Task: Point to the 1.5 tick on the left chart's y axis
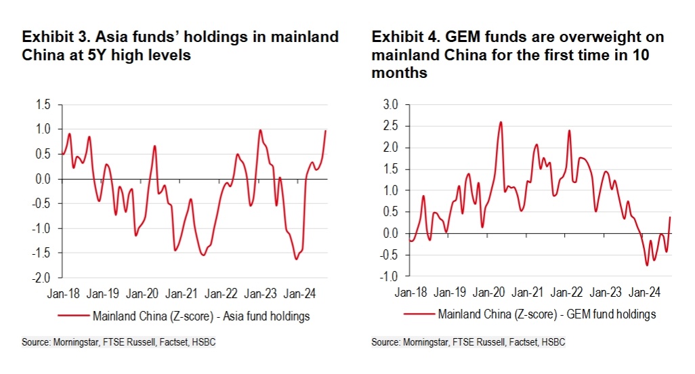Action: pyautogui.click(x=44, y=104)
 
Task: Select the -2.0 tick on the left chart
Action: pyautogui.click(x=43, y=278)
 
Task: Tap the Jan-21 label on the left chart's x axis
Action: pyautogui.click(x=182, y=293)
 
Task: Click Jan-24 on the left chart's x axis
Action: pyautogui.click(x=299, y=293)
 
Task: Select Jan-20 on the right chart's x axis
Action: pyautogui.click(x=489, y=293)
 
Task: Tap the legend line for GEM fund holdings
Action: pyautogui.click(x=419, y=314)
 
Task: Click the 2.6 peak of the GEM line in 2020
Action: pyautogui.click(x=501, y=122)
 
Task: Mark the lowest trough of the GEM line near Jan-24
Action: pyautogui.click(x=647, y=265)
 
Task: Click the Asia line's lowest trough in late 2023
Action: pyautogui.click(x=296, y=259)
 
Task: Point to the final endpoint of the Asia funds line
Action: pyautogui.click(x=326, y=131)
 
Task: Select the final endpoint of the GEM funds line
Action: pyautogui.click(x=670, y=217)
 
